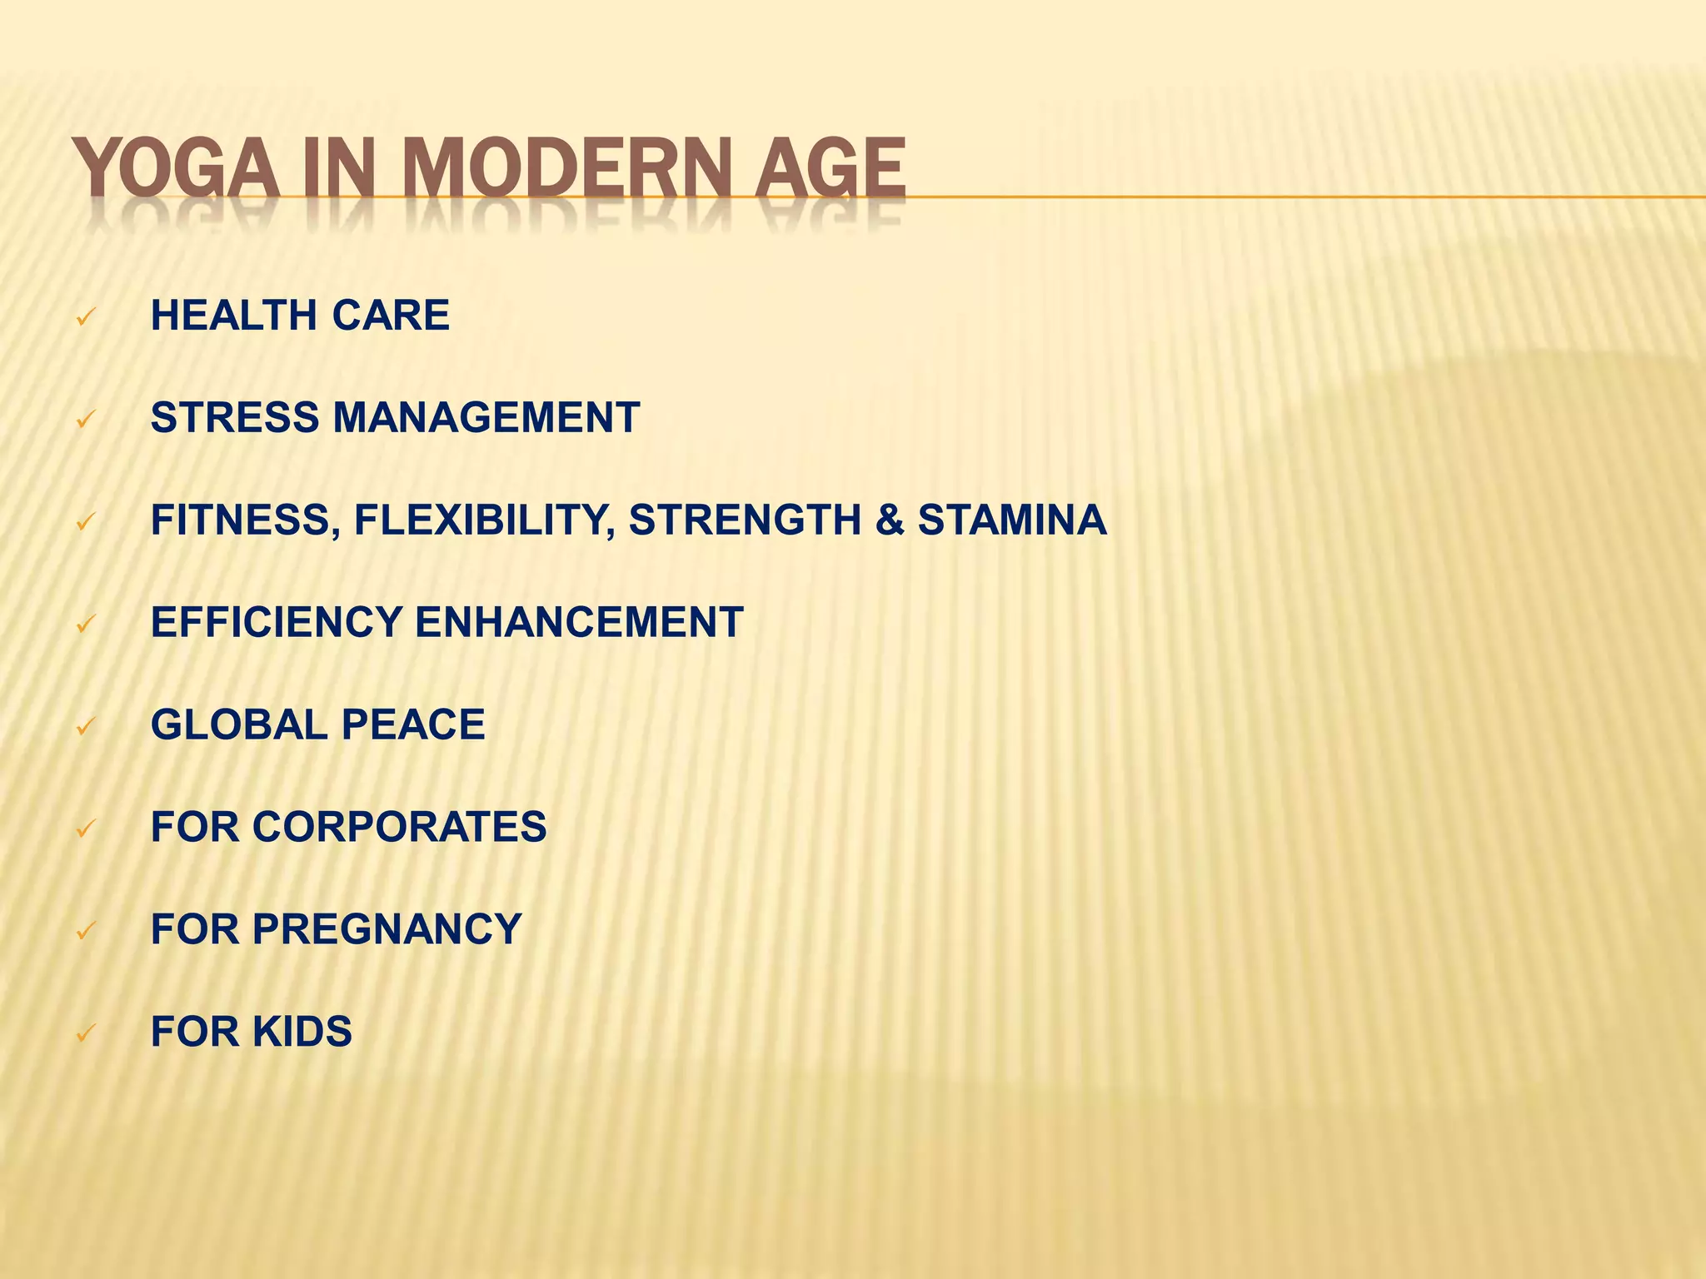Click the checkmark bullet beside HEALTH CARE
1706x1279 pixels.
(x=86, y=317)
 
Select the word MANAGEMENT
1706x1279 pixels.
(x=486, y=418)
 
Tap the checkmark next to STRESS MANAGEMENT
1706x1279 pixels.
(x=86, y=420)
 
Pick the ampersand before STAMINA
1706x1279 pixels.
(x=890, y=520)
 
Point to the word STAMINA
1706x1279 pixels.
(x=1012, y=520)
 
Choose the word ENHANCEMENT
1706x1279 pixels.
(x=579, y=623)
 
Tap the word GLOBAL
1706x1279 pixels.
(x=238, y=725)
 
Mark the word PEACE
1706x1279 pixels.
(x=413, y=725)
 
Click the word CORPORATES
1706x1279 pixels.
(x=399, y=828)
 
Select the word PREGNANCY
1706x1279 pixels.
(x=387, y=929)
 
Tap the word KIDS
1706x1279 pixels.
(x=302, y=1032)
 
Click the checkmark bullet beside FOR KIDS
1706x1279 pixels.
(x=86, y=1034)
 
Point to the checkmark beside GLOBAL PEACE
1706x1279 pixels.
(x=86, y=727)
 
